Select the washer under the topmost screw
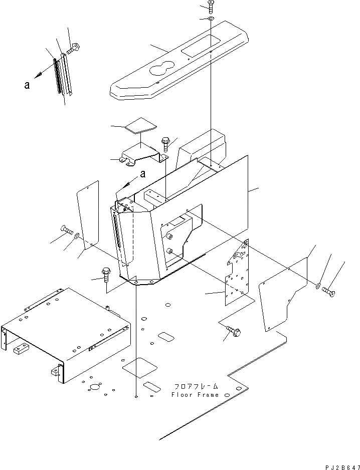(x=210, y=19)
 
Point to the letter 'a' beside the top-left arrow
(x=27, y=86)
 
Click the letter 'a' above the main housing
(x=143, y=175)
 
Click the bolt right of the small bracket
(x=165, y=144)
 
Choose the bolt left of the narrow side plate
(x=66, y=231)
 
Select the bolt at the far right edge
(x=329, y=290)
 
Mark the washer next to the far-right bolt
(x=318, y=286)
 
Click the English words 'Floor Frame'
(x=195, y=395)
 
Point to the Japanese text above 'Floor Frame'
(x=196, y=387)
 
